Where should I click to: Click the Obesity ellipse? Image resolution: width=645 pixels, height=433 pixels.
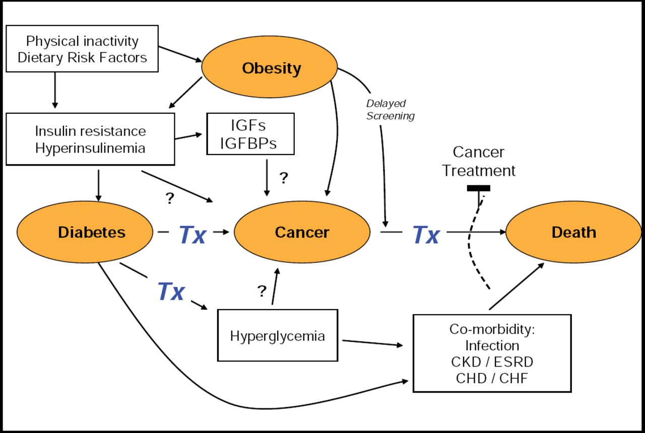click(x=270, y=68)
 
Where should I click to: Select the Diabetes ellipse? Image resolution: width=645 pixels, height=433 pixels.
click(x=85, y=232)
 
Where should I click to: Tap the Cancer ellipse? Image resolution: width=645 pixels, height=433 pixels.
click(x=301, y=232)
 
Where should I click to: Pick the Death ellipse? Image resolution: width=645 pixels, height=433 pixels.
click(x=573, y=232)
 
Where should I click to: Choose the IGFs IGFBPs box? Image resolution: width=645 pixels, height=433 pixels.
click(x=250, y=133)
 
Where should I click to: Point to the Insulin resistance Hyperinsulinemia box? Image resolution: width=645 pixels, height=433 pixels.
click(x=90, y=139)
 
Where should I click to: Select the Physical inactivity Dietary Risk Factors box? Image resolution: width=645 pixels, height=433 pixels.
click(x=82, y=49)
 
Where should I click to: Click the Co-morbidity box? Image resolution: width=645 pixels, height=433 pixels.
click(x=492, y=353)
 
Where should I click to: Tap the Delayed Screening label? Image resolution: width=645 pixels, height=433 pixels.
click(x=390, y=110)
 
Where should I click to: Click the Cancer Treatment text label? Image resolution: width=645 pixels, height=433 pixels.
click(x=479, y=162)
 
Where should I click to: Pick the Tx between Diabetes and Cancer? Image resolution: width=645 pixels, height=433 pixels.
click(x=192, y=235)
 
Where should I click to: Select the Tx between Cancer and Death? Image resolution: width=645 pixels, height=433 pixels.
click(x=426, y=235)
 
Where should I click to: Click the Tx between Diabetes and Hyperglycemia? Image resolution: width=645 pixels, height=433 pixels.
click(x=171, y=291)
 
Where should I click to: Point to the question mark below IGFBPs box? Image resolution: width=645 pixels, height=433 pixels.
click(x=284, y=178)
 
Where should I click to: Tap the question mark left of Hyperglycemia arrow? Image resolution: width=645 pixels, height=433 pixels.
click(x=262, y=291)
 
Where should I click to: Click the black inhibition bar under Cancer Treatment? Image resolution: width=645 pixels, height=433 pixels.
click(x=478, y=188)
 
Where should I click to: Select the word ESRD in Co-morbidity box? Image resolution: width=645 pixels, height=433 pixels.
click(x=512, y=362)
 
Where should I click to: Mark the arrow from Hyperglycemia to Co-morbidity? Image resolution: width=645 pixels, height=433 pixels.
click(x=373, y=343)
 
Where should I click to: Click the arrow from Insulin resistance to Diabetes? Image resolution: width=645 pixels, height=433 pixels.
click(x=98, y=185)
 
